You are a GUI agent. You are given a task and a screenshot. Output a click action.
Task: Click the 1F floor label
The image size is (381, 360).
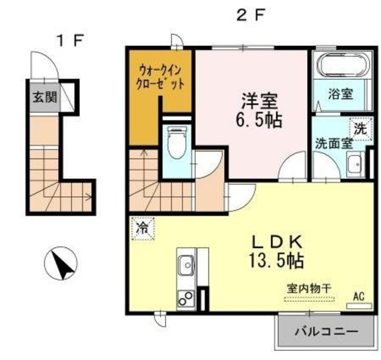tap(71, 41)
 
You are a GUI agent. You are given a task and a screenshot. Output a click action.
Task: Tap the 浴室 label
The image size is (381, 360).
tap(342, 94)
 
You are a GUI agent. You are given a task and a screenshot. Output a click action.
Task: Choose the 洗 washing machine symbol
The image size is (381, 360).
tap(359, 128)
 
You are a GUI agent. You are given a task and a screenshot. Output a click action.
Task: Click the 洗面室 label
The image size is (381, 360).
tap(334, 143)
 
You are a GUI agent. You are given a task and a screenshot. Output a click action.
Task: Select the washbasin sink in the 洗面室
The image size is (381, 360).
tap(356, 162)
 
